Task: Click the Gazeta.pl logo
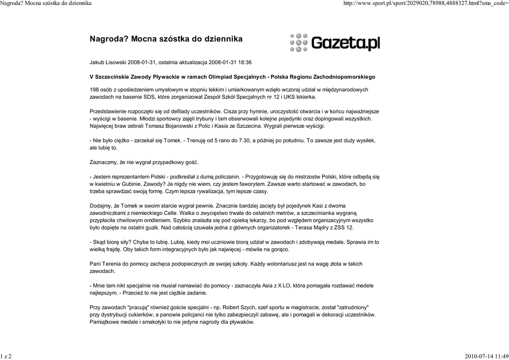point(334,43)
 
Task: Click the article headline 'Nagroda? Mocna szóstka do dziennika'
point(166,38)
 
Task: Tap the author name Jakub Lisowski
point(108,63)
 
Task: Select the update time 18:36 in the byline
point(245,63)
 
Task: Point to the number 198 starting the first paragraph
point(94,90)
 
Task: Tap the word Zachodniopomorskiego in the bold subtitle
point(344,77)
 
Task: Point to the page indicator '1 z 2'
point(6,356)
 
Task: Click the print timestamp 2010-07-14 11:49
point(486,356)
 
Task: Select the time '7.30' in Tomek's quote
point(245,141)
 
